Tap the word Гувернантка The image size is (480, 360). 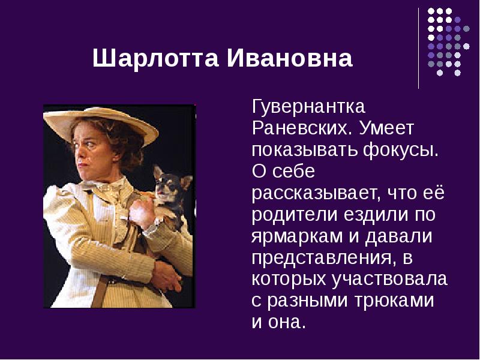click(308, 107)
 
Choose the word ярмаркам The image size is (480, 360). click(297, 236)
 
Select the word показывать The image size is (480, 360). click(304, 151)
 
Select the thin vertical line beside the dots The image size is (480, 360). click(419, 48)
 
